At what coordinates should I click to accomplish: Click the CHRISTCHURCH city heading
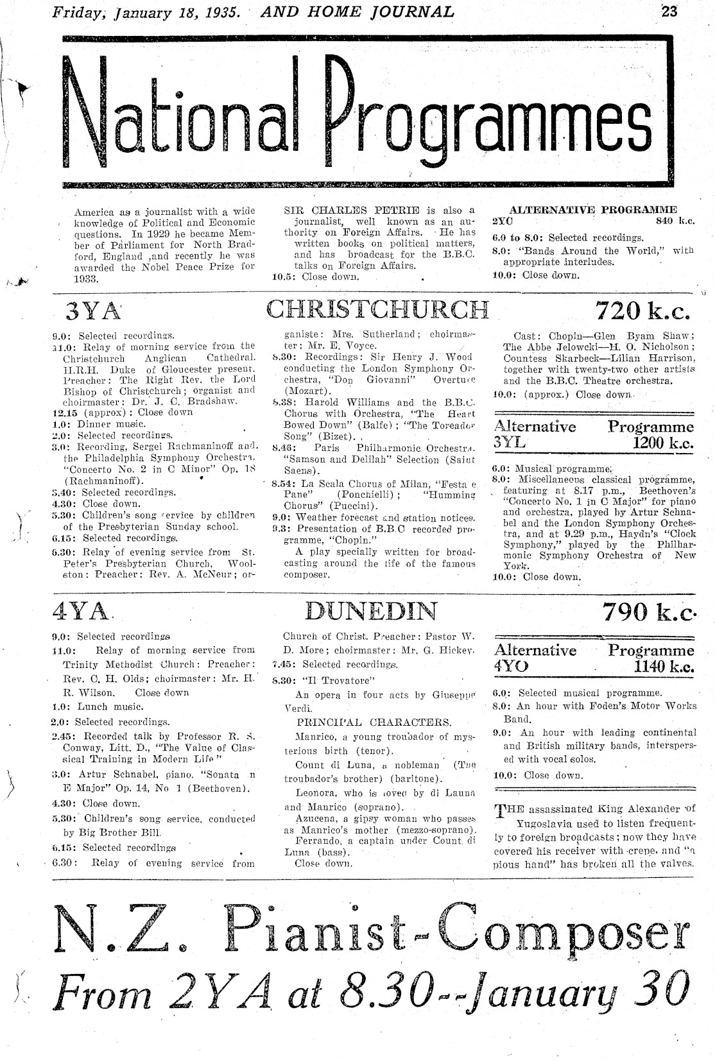coord(377,309)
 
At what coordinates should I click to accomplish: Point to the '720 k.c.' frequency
coord(643,311)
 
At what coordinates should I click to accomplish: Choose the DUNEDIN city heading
coord(372,611)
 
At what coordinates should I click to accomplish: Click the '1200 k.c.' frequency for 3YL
coord(662,443)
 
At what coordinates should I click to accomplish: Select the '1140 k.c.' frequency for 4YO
coord(663,667)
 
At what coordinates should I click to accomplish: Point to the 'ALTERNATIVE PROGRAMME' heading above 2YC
coord(592,210)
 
